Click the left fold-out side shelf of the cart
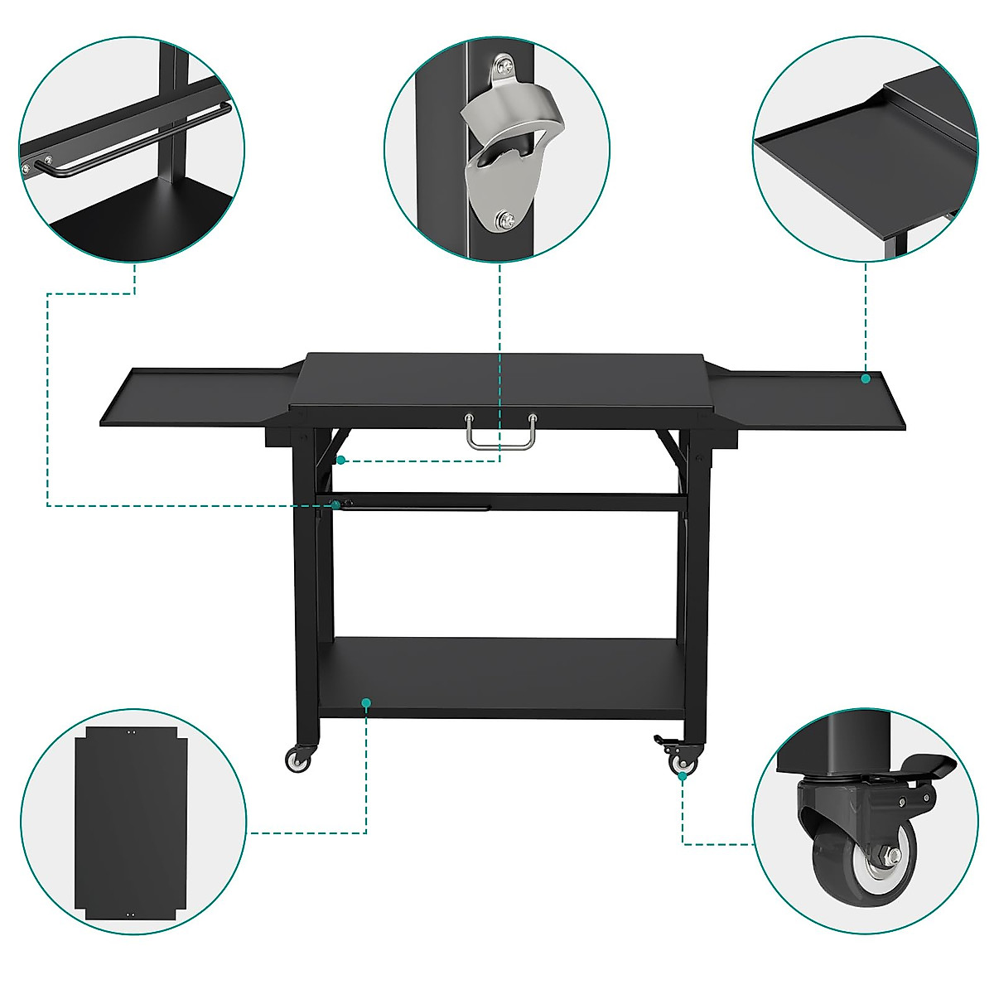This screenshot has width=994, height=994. point(195,397)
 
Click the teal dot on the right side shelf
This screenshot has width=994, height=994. point(865,379)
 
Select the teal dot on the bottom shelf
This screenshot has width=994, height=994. point(366,702)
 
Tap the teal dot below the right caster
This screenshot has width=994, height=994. point(683,776)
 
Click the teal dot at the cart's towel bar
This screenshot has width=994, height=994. point(335,504)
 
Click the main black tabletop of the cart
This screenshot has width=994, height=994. point(497,381)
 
